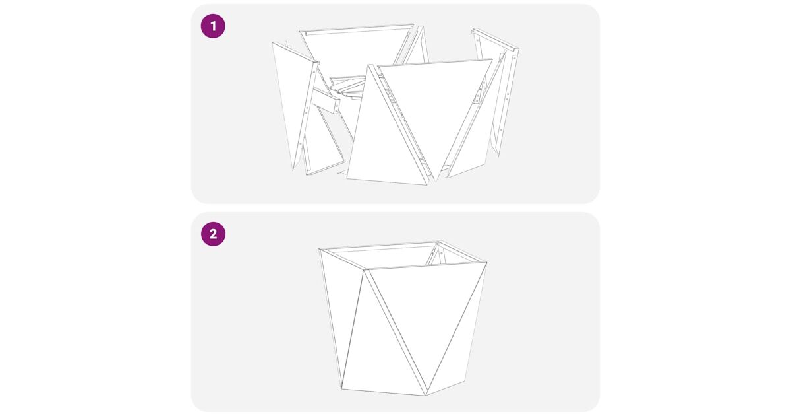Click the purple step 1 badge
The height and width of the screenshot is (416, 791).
pos(213,26)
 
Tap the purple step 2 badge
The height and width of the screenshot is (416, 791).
pos(213,234)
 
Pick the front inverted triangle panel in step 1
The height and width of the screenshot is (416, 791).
pos(438,106)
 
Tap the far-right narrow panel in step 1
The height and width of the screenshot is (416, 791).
pos(498,88)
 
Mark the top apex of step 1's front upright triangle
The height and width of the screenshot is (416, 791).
pos(369,65)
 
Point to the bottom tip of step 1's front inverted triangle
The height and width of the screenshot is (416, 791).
pos(436,181)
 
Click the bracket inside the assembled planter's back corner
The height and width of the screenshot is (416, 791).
pos(436,256)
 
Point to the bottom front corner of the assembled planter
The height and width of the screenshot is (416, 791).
pos(426,395)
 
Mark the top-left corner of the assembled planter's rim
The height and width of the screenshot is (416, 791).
pos(320,249)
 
